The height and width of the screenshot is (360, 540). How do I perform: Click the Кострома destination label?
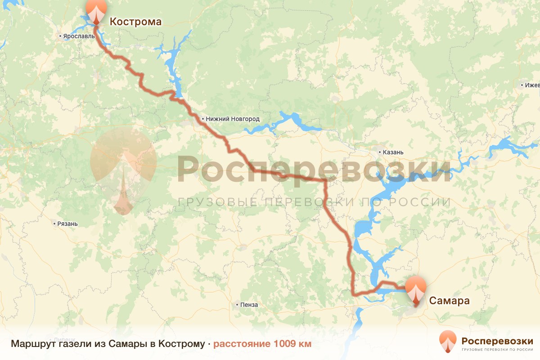(x=135, y=21)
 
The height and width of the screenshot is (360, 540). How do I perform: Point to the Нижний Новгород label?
(x=233, y=119)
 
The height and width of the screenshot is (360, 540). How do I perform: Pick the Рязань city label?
(x=67, y=224)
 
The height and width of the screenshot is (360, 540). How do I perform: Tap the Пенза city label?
(x=249, y=305)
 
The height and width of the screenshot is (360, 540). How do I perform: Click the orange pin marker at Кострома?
(x=96, y=11)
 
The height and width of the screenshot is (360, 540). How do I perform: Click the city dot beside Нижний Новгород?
(x=203, y=119)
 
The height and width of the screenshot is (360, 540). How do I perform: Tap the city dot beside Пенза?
(x=237, y=305)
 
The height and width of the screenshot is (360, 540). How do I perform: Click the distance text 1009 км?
(x=262, y=344)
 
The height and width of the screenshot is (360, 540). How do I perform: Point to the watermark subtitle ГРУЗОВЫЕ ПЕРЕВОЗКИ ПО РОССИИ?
(x=314, y=202)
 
